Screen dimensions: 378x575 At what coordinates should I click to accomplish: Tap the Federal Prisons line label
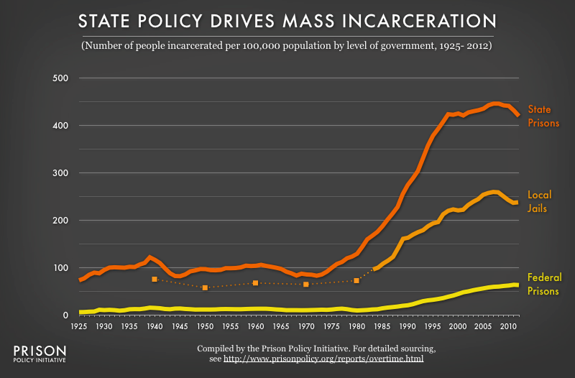tap(545, 284)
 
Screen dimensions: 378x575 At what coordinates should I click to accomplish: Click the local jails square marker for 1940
tap(155, 279)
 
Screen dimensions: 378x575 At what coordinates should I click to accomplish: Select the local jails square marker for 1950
tap(205, 287)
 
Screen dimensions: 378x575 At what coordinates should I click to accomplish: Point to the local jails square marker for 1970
tap(306, 285)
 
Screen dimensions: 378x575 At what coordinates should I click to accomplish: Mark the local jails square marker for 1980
tap(356, 280)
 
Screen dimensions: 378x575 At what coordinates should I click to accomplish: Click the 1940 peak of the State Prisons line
tap(149, 257)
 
